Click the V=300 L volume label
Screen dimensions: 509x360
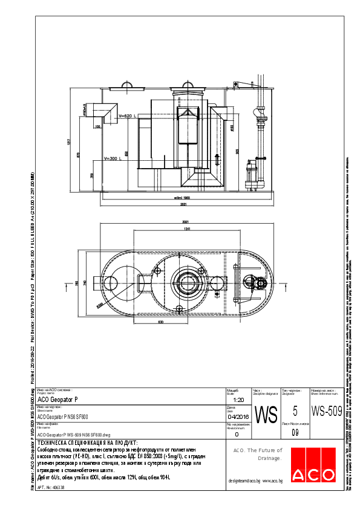point(114,158)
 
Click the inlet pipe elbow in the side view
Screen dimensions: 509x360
point(109,113)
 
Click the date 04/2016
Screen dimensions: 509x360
point(238,417)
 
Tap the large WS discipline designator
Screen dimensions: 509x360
point(266,415)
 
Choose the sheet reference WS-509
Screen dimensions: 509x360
point(327,412)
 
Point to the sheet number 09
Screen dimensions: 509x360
point(295,432)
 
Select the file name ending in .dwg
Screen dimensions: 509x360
point(74,434)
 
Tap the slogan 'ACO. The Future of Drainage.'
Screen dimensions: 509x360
point(258,454)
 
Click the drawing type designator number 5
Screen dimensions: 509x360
point(295,411)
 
